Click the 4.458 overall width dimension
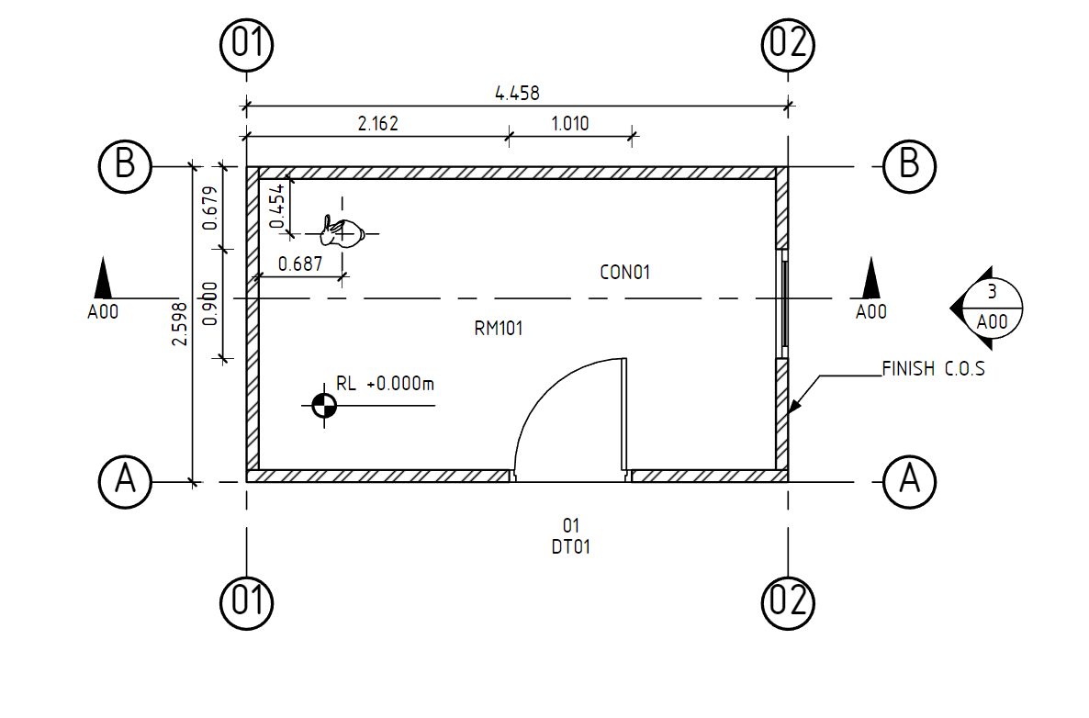517,93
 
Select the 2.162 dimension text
377,124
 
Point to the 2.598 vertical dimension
180,324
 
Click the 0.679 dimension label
210,208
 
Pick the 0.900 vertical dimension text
210,303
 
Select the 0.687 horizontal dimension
299,264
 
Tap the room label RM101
498,329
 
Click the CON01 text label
624,273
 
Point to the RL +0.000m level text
385,385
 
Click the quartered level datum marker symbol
323,405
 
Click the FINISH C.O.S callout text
933,370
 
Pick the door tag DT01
570,547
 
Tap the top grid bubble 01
246,43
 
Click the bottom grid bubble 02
788,601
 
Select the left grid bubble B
125,166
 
